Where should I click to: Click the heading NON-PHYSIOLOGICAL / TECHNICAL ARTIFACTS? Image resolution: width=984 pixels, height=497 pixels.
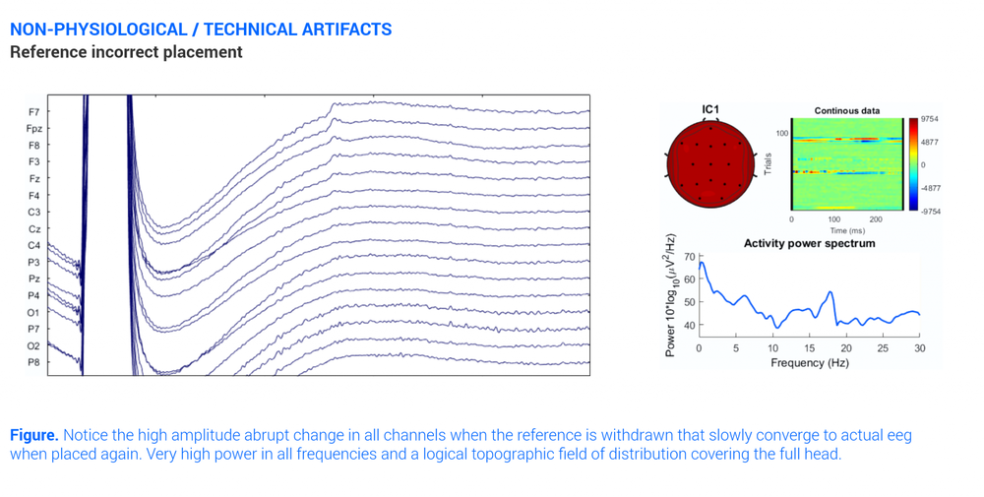201,30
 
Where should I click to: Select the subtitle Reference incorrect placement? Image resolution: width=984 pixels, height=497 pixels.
126,52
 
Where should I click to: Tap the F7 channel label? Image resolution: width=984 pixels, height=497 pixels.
34,112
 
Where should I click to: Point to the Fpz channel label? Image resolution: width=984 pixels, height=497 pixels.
33,129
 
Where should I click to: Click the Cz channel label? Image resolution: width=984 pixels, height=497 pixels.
34,229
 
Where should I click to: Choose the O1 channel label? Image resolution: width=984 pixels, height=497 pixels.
34,313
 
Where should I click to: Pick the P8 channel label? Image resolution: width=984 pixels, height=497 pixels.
34,363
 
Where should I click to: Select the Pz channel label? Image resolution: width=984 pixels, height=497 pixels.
34,280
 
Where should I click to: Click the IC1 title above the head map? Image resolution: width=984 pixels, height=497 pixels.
710,110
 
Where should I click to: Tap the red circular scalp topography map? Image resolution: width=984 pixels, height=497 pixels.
710,163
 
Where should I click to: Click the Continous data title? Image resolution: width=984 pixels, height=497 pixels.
846,111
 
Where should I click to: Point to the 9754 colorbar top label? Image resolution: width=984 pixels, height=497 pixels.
929,119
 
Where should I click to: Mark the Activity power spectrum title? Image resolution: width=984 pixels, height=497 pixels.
809,243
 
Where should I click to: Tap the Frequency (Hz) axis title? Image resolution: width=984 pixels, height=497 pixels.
809,362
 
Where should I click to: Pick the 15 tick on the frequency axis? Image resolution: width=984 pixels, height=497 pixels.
809,348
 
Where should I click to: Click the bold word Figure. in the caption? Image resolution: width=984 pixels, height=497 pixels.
33,435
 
